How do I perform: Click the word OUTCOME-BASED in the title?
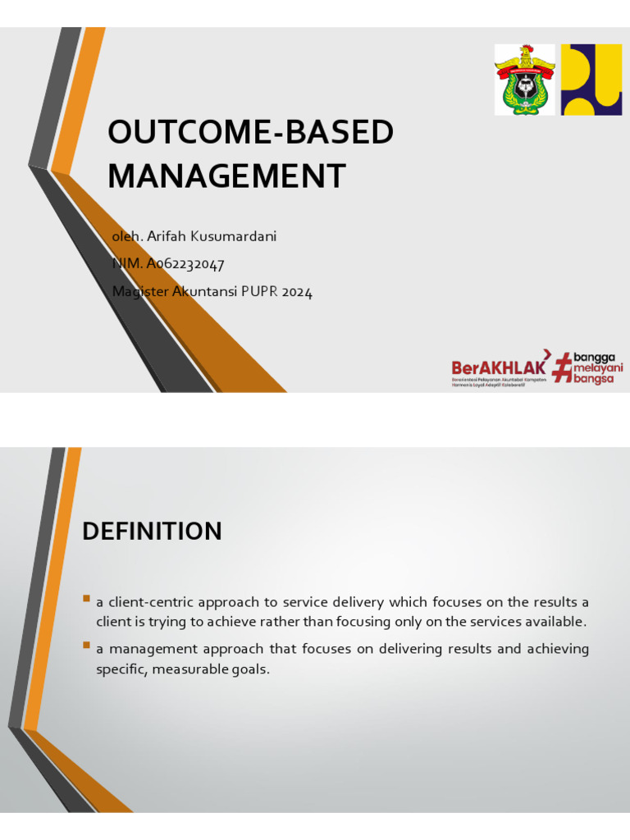point(251,133)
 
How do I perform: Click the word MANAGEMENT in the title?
point(227,176)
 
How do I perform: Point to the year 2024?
point(299,291)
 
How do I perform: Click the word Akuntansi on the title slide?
point(205,291)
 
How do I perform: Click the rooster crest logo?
point(524,80)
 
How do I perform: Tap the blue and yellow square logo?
point(591,80)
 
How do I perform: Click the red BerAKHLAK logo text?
point(499,367)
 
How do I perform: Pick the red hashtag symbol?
point(562,367)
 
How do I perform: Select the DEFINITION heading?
point(152,532)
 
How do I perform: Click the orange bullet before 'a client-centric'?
point(86,600)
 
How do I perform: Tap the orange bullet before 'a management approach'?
point(86,646)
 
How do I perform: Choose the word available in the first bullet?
point(554,622)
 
